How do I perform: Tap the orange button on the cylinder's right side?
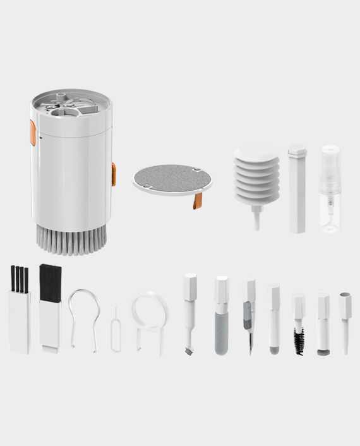[114, 174]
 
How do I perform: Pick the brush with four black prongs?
[19, 310]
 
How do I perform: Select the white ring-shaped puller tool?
[150, 319]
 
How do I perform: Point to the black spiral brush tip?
[298, 341]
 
